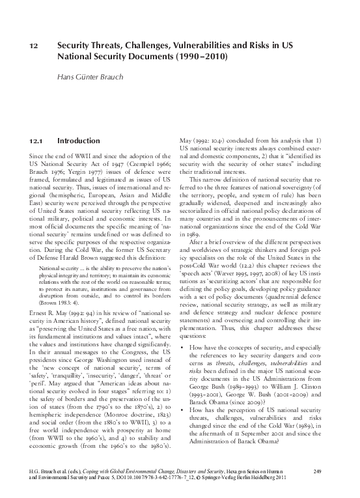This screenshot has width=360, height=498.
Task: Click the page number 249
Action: [318, 471]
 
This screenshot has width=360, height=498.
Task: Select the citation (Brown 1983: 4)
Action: [57, 303]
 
